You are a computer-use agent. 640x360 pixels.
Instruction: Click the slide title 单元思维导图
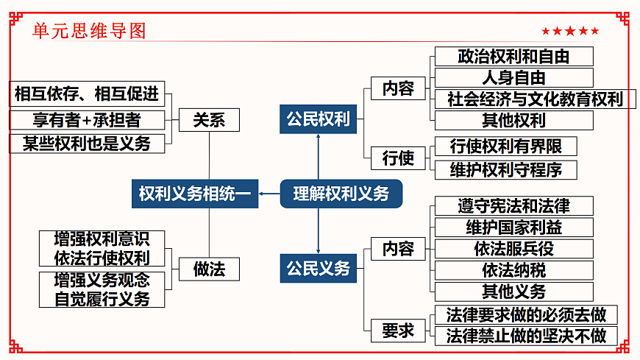[x=90, y=30]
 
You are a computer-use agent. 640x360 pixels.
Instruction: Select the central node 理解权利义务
[x=341, y=194]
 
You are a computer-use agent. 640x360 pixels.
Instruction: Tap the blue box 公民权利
[x=318, y=119]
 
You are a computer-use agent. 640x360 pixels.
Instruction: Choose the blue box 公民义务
[x=318, y=269]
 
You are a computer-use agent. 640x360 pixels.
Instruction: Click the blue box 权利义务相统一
[x=195, y=194]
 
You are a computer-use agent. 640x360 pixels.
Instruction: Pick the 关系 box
[x=209, y=120]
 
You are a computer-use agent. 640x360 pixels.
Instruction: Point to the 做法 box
[x=209, y=269]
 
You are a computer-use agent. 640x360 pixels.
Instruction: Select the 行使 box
[x=398, y=158]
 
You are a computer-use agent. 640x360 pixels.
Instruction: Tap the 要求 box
[x=398, y=331]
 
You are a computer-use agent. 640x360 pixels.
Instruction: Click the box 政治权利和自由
[x=513, y=57]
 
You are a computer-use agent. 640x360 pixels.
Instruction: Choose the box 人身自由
[x=513, y=78]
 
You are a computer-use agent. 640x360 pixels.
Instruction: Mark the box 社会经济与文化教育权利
[x=535, y=99]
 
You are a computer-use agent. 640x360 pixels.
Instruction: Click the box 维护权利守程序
[x=505, y=169]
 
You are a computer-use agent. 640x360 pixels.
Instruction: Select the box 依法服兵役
[x=513, y=249]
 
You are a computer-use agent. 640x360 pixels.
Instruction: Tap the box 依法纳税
[x=513, y=270]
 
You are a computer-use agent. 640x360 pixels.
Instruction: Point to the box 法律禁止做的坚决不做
[x=525, y=336]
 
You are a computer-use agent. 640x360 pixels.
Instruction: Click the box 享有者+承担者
[x=87, y=120]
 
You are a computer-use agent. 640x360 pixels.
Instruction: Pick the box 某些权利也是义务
[x=87, y=143]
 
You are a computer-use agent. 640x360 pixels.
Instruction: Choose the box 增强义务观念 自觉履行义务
[x=102, y=289]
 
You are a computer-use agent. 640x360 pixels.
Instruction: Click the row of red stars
[x=570, y=31]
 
